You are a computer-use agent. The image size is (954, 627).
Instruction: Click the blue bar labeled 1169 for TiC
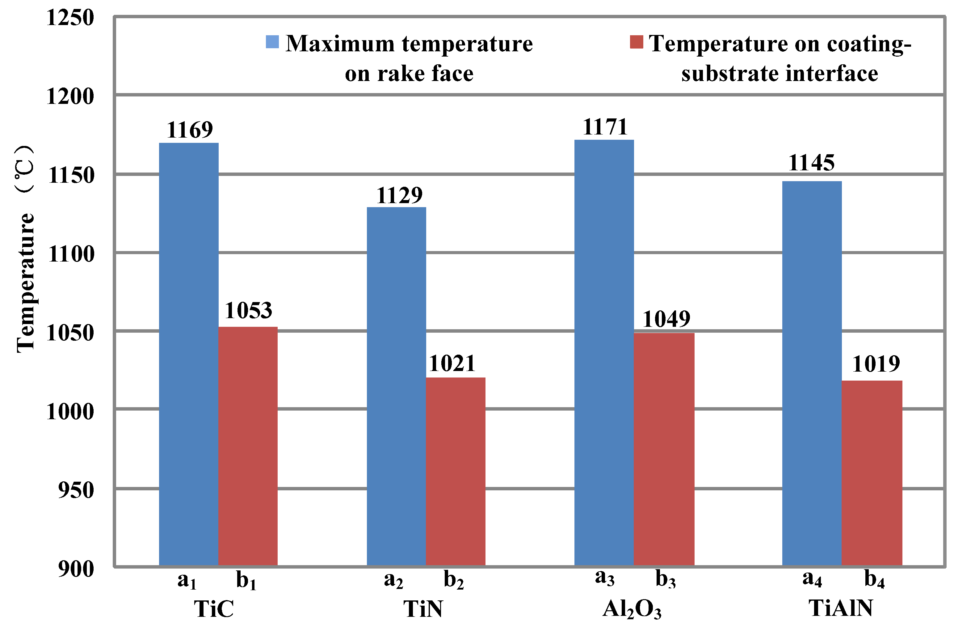point(189,353)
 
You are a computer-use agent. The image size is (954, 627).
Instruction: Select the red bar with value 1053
point(248,445)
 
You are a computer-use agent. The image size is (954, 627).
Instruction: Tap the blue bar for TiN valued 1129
point(397,385)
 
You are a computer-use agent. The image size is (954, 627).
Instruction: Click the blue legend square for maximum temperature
point(272,42)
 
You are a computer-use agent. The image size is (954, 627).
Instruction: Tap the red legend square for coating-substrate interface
point(637,42)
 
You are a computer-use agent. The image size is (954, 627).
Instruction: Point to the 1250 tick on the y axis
point(70,18)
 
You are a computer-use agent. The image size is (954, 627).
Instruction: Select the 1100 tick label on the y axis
point(71,254)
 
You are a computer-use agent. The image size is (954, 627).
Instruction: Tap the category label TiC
point(214,608)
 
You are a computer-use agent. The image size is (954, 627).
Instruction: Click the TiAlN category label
point(841,608)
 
